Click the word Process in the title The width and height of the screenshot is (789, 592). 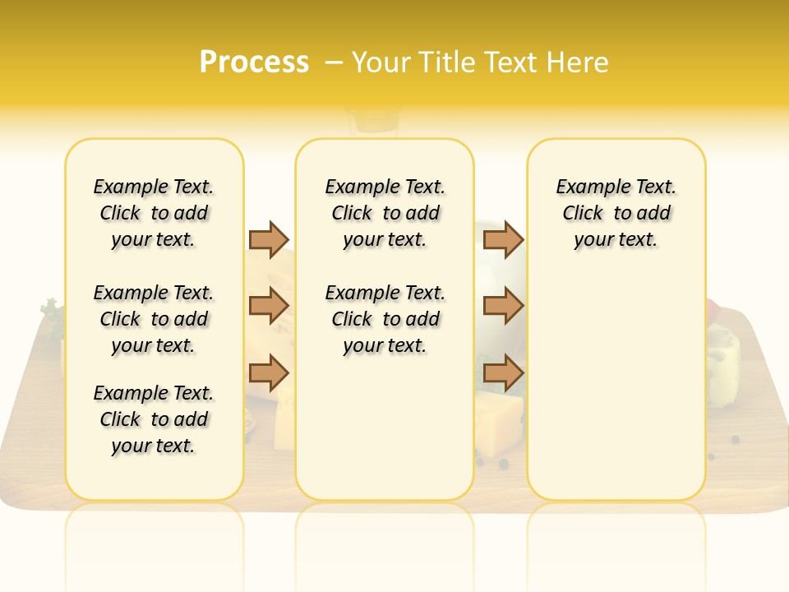[254, 62]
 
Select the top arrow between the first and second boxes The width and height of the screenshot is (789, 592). [269, 239]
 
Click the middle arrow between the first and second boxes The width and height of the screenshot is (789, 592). [269, 307]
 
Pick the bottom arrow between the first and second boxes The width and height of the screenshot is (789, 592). [269, 373]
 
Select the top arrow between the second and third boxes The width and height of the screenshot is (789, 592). [503, 239]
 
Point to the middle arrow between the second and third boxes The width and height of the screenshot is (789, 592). [503, 307]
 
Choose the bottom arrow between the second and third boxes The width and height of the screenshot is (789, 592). [503, 373]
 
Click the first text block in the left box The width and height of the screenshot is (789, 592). [154, 213]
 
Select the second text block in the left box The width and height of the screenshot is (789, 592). [154, 319]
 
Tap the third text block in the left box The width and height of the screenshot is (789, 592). [154, 419]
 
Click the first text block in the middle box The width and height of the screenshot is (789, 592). [385, 213]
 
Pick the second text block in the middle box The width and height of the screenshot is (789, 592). [385, 319]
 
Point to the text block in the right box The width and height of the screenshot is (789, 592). [616, 213]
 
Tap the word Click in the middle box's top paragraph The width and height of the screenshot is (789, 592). [353, 214]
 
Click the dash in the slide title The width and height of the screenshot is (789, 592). [334, 62]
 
